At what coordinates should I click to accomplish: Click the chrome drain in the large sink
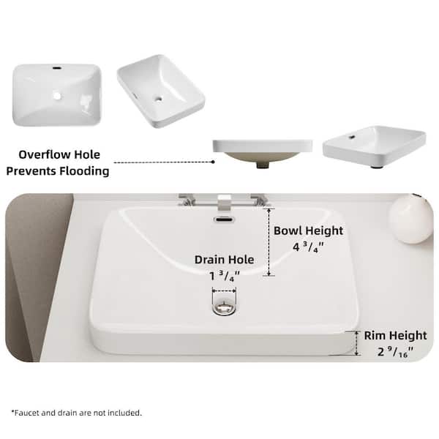point(224,307)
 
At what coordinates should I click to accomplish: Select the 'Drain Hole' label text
point(224,259)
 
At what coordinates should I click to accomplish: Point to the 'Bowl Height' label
point(308,230)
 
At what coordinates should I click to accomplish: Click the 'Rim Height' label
point(395,336)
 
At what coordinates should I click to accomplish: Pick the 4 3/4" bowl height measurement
point(308,247)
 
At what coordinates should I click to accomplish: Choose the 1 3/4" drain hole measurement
point(224,276)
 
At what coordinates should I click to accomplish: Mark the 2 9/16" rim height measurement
point(395,352)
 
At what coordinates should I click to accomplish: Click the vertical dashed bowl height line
point(269,241)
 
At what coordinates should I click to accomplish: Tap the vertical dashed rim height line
point(357,342)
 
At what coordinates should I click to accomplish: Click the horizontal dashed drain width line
point(224,292)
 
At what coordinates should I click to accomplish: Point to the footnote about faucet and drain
point(76,413)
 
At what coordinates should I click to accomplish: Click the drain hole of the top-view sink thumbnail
point(56,95)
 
